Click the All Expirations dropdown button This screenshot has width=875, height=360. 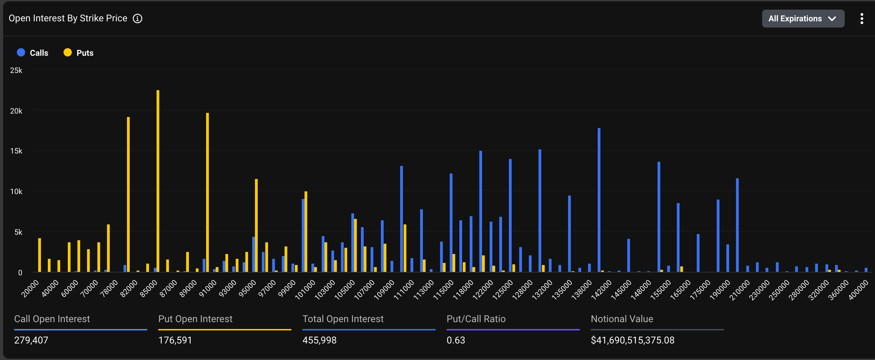coord(803,19)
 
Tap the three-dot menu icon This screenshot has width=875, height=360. coord(862,19)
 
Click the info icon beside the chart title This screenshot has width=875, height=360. coord(138,19)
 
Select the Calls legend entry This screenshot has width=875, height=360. coord(33,53)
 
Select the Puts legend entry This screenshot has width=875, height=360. coord(79,53)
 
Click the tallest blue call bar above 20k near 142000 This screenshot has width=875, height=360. coord(599,200)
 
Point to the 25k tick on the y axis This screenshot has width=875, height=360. coord(16,71)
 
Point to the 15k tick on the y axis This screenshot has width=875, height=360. coord(16,151)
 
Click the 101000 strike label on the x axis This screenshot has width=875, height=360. coord(305,290)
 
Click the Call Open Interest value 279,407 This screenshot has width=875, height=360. coord(31,340)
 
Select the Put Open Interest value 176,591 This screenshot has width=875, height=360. coord(175,340)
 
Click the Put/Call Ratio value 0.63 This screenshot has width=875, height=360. coord(456,340)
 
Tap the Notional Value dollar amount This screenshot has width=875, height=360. coord(632,340)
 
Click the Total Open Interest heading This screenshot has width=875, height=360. coord(343,319)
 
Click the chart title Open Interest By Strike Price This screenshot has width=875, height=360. coord(68,19)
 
